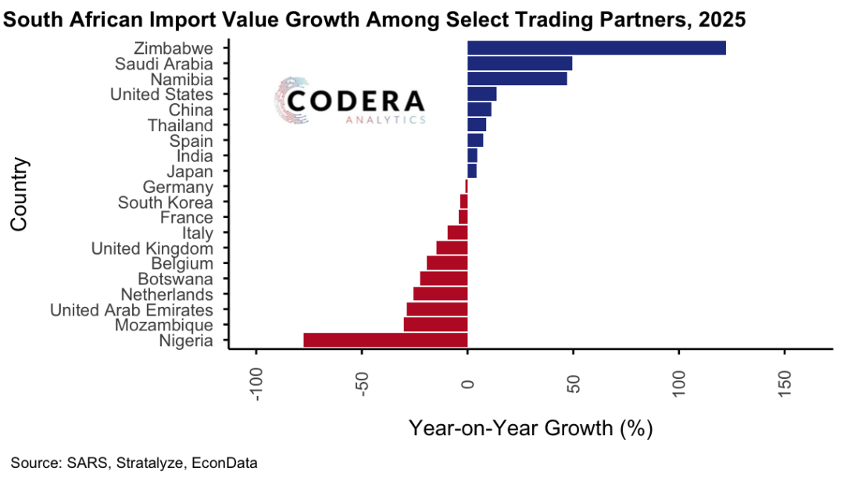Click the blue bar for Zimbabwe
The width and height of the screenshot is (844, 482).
coord(596,48)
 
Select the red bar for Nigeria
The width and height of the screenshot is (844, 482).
coord(385,340)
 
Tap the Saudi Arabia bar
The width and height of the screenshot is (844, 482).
coord(520,63)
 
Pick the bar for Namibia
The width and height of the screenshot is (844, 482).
coord(517,79)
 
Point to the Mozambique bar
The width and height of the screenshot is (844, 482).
coord(435,324)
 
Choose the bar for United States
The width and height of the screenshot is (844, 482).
coord(481,94)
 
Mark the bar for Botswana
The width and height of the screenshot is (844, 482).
coord(443,278)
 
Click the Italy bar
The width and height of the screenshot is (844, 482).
coord(457,232)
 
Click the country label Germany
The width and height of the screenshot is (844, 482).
coord(178,187)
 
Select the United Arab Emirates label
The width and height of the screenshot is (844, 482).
coord(131,309)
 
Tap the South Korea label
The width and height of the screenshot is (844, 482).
coord(165,202)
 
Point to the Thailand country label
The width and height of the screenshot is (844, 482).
coord(181,125)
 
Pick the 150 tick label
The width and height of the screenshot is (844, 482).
coord(785,383)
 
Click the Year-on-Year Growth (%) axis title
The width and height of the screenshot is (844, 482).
coord(530,428)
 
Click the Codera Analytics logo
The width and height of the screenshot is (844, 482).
coord(350,102)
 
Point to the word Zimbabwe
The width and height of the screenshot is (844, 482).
coord(173,48)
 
